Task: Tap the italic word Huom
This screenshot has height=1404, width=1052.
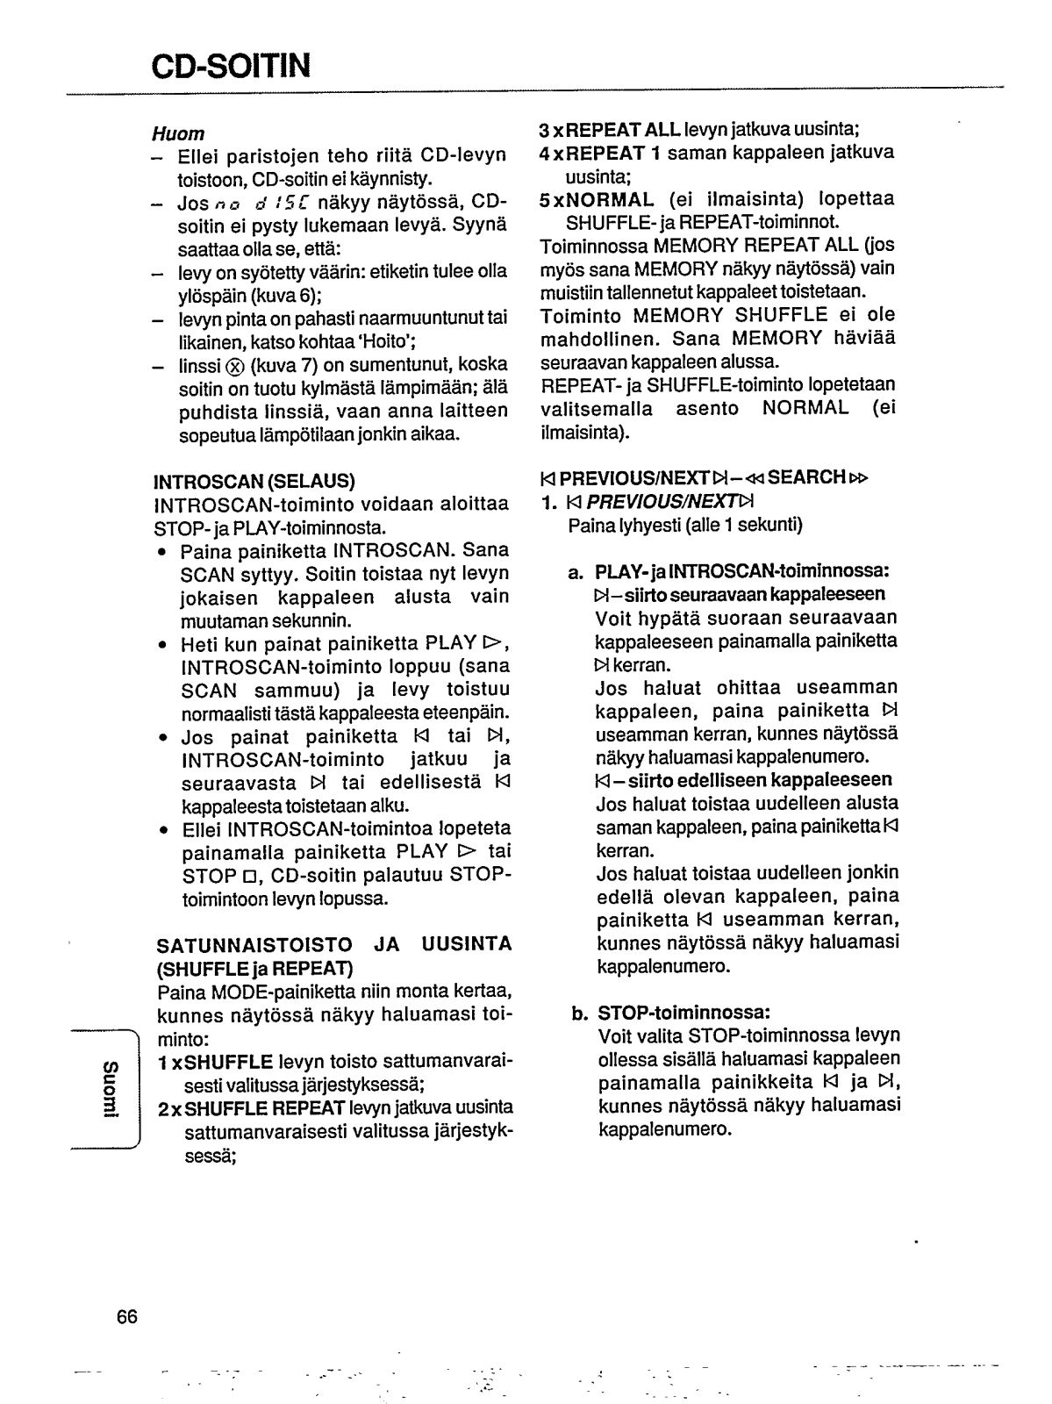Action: (x=178, y=133)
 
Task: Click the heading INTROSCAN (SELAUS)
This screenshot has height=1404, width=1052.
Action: (x=254, y=482)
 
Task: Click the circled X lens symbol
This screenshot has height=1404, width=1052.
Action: (x=234, y=365)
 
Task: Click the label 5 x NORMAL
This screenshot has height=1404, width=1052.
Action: (x=597, y=199)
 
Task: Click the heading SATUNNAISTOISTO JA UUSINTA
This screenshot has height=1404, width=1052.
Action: (x=334, y=944)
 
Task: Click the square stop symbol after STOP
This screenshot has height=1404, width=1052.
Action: (x=250, y=877)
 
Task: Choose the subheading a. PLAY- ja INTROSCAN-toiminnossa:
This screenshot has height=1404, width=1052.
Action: (x=729, y=572)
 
